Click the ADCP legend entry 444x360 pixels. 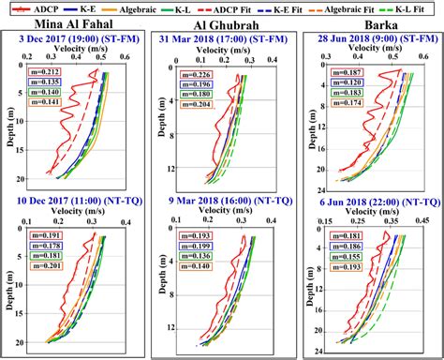click(33, 8)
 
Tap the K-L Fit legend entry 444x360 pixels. click(416, 8)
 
